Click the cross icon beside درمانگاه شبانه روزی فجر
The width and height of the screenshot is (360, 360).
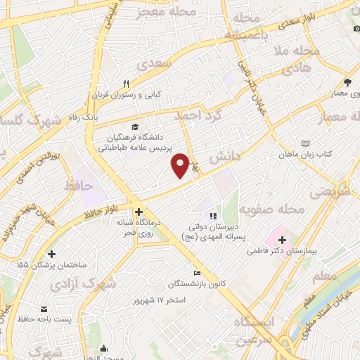tap(139, 211)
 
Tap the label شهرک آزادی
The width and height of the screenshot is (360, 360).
tap(99, 283)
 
